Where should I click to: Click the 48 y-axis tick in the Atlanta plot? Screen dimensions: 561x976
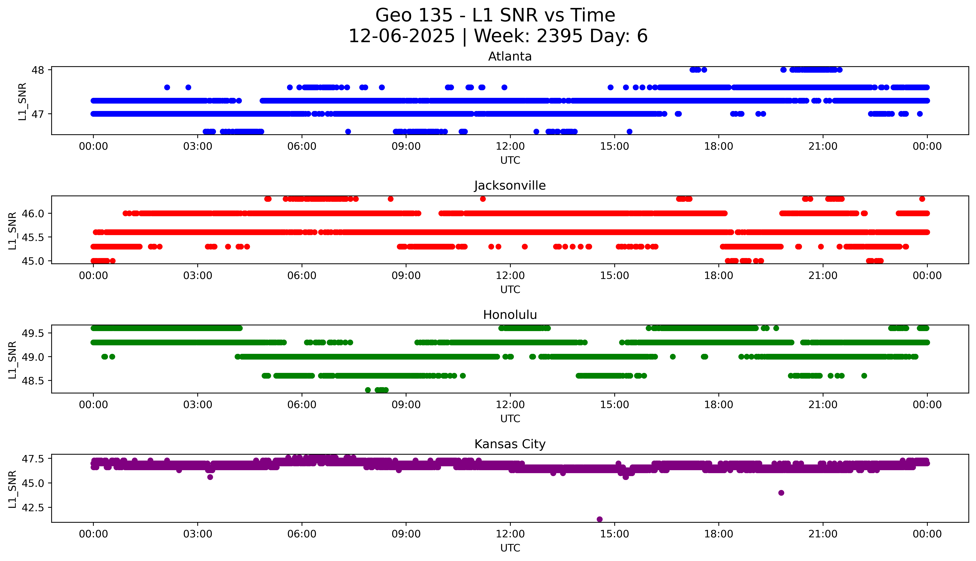[38, 70]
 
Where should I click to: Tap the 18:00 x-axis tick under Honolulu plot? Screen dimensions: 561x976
[719, 405]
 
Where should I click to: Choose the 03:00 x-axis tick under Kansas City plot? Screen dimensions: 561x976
[198, 534]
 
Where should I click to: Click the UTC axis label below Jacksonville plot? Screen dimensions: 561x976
[510, 289]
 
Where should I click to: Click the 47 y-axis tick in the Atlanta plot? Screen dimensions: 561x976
[38, 114]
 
